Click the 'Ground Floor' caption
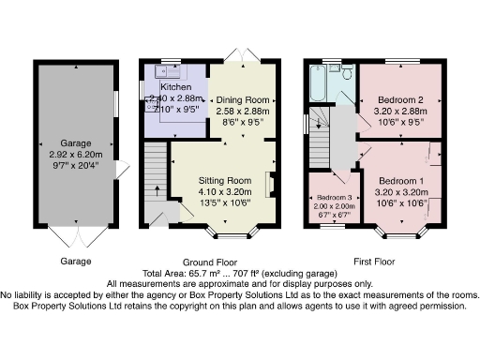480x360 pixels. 208,262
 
